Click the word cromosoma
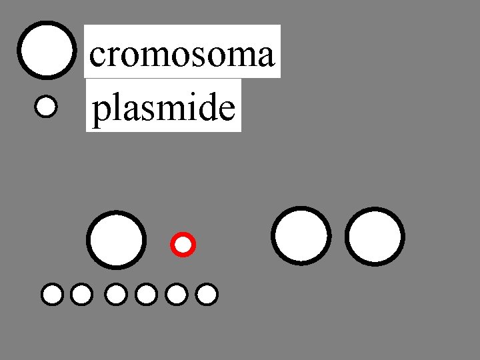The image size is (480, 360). click(181, 53)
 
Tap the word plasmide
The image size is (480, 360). click(163, 108)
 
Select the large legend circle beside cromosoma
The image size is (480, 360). click(46, 51)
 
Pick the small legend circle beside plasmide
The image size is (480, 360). click(45, 107)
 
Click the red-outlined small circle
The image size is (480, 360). click(183, 245)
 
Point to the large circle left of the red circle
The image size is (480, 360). click(117, 240)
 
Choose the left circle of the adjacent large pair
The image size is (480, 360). click(301, 235)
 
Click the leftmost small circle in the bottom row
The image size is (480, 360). click(52, 294)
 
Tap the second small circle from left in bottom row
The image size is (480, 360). click(81, 294)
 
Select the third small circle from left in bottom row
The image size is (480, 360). click(116, 294)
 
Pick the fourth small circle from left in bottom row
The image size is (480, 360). click(145, 294)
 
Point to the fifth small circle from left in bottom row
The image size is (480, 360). click(176, 294)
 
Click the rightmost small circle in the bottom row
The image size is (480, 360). click(207, 294)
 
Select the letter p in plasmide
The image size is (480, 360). click(100, 111)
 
